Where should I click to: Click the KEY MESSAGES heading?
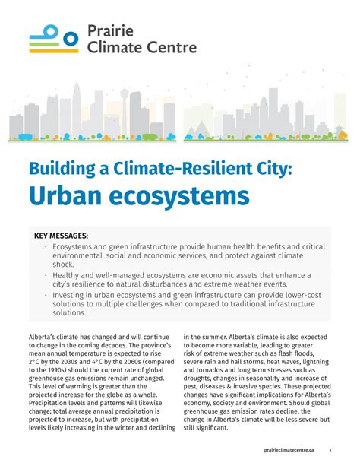[x=62, y=236]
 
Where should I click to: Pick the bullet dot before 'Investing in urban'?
[x=45, y=294]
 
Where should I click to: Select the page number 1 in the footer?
[x=330, y=450]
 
